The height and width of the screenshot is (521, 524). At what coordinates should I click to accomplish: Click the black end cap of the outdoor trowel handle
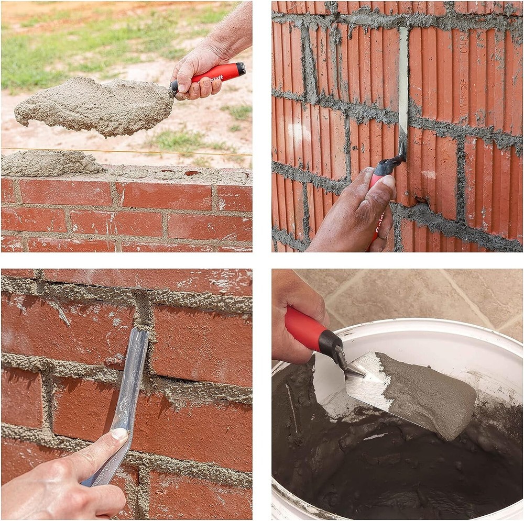tap(241, 69)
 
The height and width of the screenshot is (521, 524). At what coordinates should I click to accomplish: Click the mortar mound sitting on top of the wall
tap(50, 163)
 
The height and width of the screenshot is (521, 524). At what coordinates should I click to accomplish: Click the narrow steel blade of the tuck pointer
tap(403, 84)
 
